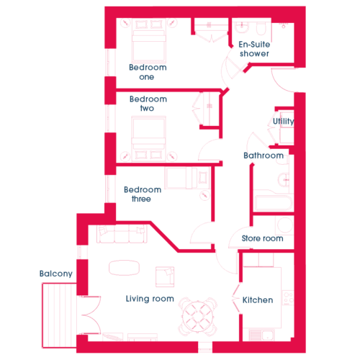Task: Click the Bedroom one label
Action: pyautogui.click(x=148, y=72)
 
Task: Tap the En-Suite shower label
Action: pyautogui.click(x=254, y=49)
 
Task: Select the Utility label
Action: pyautogui.click(x=284, y=121)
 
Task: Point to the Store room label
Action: pyautogui.click(x=262, y=238)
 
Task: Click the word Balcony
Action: pyautogui.click(x=56, y=274)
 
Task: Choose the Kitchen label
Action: pyautogui.click(x=258, y=300)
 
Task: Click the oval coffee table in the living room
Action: pyautogui.click(x=124, y=268)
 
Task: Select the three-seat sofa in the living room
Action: pyautogui.click(x=122, y=234)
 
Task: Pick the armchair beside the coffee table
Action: pyautogui.click(x=165, y=276)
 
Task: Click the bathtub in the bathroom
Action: pyautogui.click(x=274, y=203)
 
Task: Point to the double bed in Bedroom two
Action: pyautogui.click(x=148, y=139)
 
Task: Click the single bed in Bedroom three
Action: pyautogui.click(x=187, y=178)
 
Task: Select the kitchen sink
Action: pyautogui.click(x=261, y=335)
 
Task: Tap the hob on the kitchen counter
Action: pyautogui.click(x=288, y=298)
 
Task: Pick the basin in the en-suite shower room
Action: pyautogui.click(x=242, y=27)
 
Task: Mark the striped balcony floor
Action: pyautogui.click(x=59, y=315)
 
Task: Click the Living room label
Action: pyautogui.click(x=150, y=299)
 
